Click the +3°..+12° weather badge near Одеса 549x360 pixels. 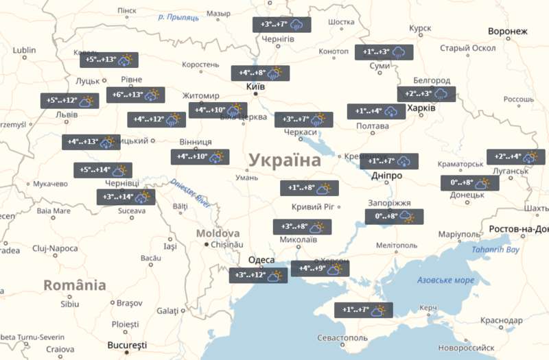pyautogui.click(x=257, y=276)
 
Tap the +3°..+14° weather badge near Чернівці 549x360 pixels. pyautogui.click(x=126, y=197)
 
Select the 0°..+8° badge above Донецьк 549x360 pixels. pyautogui.click(x=469, y=183)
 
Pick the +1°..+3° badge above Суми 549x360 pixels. pyautogui.click(x=384, y=52)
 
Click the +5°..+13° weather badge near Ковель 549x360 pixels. pyautogui.click(x=108, y=60)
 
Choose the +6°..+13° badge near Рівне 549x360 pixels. pyautogui.click(x=135, y=95)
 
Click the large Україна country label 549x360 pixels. pyautogui.click(x=284, y=161)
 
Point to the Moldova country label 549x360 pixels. pyautogui.click(x=218, y=233)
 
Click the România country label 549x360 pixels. pyautogui.click(x=75, y=285)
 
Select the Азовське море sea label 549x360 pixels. pyautogui.click(x=445, y=280)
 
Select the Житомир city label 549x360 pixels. pyautogui.click(x=200, y=95)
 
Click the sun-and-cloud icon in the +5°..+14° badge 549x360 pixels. pyautogui.click(x=120, y=170)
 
